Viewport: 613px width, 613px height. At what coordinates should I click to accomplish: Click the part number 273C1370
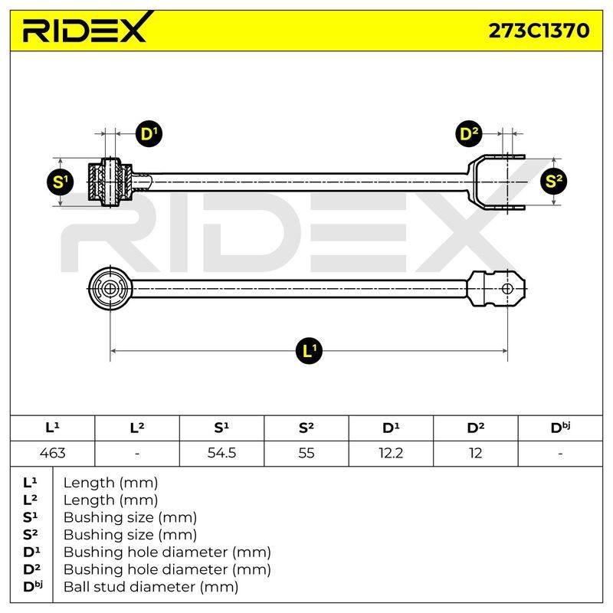[x=539, y=31]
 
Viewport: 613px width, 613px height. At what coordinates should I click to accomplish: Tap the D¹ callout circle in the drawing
[x=149, y=134]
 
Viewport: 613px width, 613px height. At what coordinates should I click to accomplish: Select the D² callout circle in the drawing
[x=469, y=134]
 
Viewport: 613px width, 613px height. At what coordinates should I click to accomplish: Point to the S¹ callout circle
[x=61, y=182]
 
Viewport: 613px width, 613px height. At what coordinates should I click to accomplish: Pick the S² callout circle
[x=553, y=181]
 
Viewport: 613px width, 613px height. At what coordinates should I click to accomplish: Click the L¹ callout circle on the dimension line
[x=310, y=351]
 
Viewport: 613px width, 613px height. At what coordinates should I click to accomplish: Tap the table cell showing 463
[x=52, y=453]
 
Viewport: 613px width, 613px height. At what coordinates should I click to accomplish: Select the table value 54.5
[x=221, y=453]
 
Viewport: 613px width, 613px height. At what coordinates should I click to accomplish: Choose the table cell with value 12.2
[x=391, y=453]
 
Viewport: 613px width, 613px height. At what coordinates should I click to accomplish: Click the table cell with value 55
[x=306, y=453]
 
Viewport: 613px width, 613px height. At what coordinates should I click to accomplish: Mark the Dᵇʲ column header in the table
[x=560, y=428]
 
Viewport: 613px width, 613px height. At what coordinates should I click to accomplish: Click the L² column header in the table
[x=137, y=428]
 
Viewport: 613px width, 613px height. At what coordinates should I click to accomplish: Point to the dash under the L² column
[x=137, y=454]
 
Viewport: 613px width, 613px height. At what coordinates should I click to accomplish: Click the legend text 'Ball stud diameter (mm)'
[x=151, y=587]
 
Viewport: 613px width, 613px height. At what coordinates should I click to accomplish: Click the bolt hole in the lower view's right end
[x=507, y=289]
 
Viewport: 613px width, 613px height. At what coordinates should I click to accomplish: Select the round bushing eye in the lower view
[x=110, y=289]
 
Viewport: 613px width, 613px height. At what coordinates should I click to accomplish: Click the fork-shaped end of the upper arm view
[x=497, y=182]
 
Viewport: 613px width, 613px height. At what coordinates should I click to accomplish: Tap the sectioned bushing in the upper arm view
[x=110, y=182]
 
